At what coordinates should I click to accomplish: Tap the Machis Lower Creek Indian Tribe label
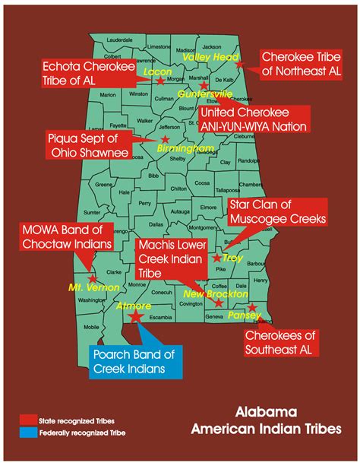171,260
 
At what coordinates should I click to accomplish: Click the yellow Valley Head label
206,56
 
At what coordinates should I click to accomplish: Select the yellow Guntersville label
205,94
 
